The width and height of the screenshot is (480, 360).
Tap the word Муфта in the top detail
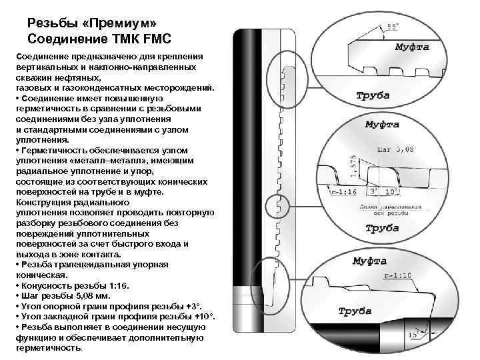pos(411,47)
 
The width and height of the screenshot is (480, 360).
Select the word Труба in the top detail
pos(373,97)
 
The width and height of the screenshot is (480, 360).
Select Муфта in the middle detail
pos(383,125)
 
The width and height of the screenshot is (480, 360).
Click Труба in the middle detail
pos(382,228)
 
